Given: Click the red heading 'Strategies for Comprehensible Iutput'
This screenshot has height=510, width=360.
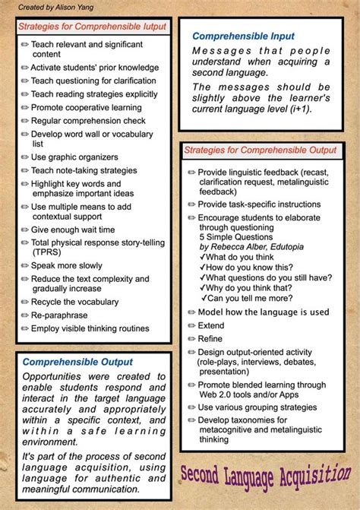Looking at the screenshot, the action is point(92,27).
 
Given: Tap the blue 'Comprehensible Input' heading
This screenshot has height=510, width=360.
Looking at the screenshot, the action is point(243,36).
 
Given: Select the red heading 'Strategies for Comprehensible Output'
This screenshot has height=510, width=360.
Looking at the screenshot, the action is point(260,150).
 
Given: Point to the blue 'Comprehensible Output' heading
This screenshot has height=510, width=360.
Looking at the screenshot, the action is point(77,362).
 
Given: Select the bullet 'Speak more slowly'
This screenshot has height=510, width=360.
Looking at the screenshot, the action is point(67,266).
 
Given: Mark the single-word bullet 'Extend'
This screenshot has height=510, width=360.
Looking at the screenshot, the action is point(211,325).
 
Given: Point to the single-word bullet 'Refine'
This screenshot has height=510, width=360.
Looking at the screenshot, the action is point(210,338).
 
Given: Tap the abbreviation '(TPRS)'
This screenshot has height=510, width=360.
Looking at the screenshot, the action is point(46,253).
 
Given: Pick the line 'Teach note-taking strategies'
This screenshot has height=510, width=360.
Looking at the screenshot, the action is point(84,170).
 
